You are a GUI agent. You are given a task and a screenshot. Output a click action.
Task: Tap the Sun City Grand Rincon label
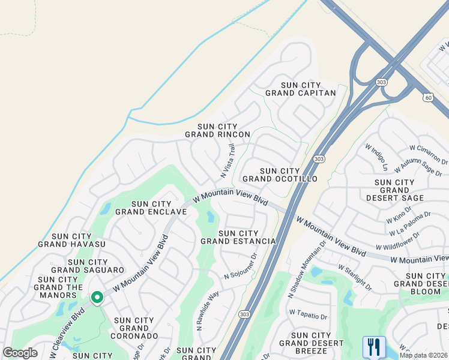click(217, 130)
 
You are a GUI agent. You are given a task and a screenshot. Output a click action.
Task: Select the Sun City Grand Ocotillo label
click(279, 175)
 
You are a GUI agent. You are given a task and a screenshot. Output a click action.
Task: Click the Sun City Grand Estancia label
click(238, 237)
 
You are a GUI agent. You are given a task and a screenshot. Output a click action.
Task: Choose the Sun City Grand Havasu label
click(71, 240)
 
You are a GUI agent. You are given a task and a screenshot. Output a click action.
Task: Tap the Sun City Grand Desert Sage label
click(394, 190)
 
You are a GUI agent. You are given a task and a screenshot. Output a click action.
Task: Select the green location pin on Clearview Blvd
click(96, 298)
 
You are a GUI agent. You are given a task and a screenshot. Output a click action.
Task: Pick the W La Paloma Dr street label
click(411, 223)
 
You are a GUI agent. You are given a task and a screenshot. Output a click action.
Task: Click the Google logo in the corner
click(20, 352)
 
